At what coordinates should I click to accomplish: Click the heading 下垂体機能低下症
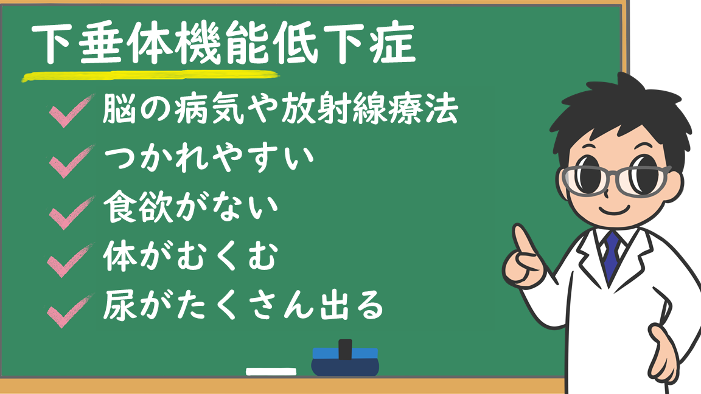coord(223,43)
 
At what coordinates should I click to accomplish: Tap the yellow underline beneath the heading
coord(151,77)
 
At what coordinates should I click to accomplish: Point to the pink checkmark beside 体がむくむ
coord(70,261)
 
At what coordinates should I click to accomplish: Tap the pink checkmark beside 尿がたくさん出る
coord(70,311)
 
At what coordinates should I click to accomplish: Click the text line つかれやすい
coord(209,158)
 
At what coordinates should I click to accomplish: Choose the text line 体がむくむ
coord(191,256)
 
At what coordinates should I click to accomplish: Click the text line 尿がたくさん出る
coord(243,306)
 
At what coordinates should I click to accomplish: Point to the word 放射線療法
coord(370,109)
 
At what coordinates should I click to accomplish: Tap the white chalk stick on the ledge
coord(271,372)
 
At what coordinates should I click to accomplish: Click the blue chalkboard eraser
coord(345,359)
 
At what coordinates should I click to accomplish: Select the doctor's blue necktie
coord(611,257)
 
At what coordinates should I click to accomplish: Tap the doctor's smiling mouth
coord(614,210)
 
